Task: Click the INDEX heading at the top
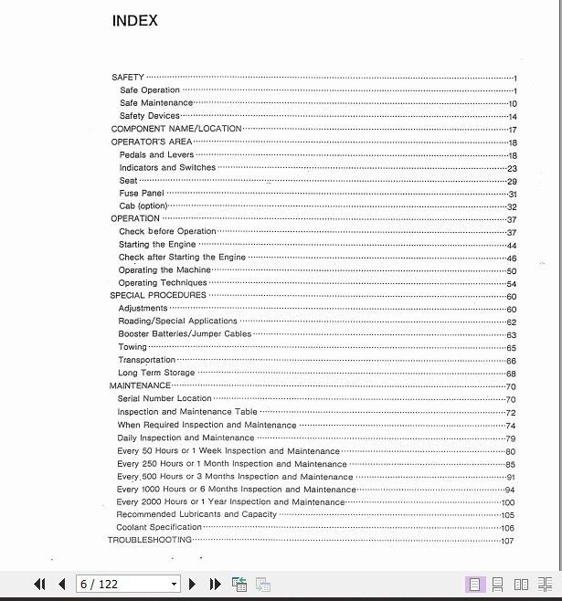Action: coord(134,21)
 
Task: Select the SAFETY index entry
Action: coord(128,78)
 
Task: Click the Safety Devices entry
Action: coord(149,116)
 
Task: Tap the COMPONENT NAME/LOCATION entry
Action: coord(176,129)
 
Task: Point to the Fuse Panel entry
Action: coord(142,194)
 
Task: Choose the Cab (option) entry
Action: coord(143,206)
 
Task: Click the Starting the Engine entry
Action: coord(157,245)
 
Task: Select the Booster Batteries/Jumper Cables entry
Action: coord(185,334)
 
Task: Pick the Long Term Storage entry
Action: coord(156,373)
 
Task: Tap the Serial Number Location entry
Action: coord(164,398)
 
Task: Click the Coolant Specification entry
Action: coord(159,527)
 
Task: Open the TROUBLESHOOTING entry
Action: coord(150,540)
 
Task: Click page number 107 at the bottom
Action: coord(508,541)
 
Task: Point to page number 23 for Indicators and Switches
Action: coord(513,169)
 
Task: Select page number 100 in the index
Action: coord(508,502)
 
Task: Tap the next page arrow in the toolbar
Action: coord(193,584)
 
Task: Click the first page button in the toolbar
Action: coord(39,584)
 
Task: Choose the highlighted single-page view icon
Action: coord(474,584)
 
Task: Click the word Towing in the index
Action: coord(133,347)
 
